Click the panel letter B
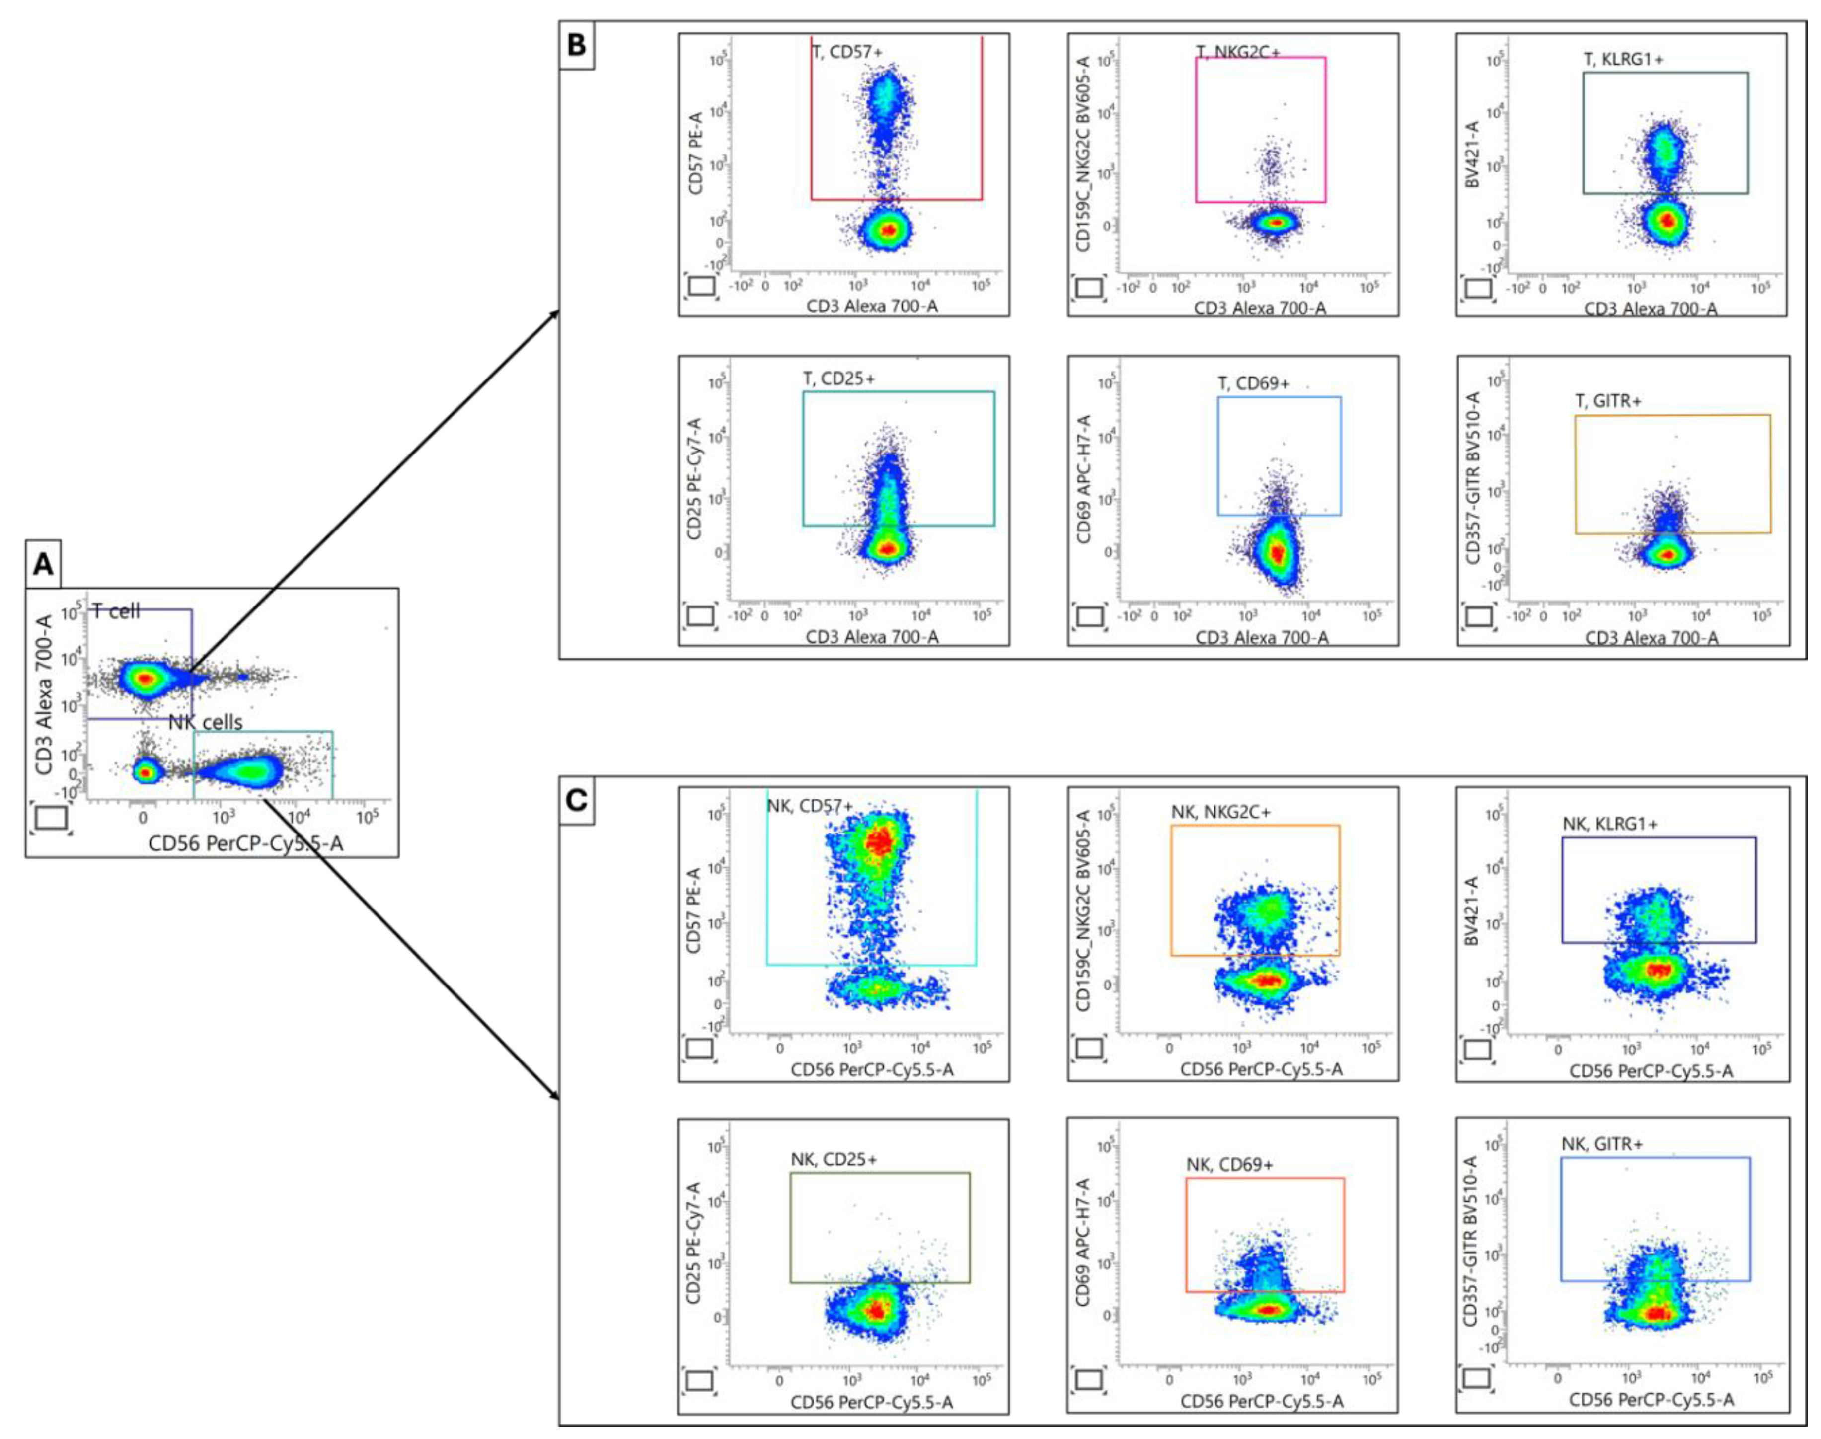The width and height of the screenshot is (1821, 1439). [x=577, y=44]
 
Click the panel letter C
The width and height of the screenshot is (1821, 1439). [x=577, y=799]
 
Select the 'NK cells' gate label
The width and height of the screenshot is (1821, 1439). [x=206, y=722]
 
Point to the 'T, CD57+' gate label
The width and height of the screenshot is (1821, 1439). [x=847, y=52]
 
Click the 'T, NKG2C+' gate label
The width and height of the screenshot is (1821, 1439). [x=1238, y=52]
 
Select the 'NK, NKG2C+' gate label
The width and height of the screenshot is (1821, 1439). [x=1220, y=812]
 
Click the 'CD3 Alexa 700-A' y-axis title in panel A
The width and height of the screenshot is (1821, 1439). [x=44, y=695]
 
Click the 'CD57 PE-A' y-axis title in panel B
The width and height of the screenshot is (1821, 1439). [x=696, y=153]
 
